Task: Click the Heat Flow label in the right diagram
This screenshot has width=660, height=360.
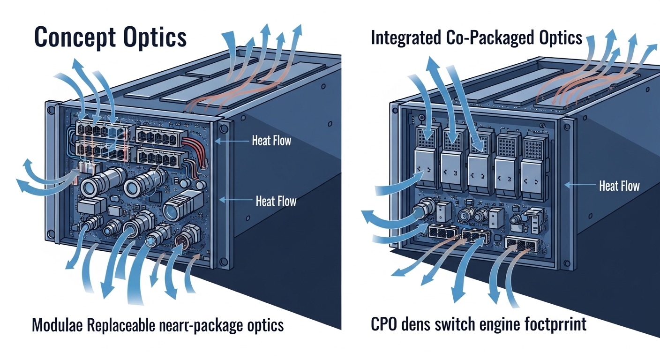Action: click(619, 186)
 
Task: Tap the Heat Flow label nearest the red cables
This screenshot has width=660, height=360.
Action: click(271, 140)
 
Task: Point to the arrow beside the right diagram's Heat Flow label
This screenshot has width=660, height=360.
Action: click(579, 185)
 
